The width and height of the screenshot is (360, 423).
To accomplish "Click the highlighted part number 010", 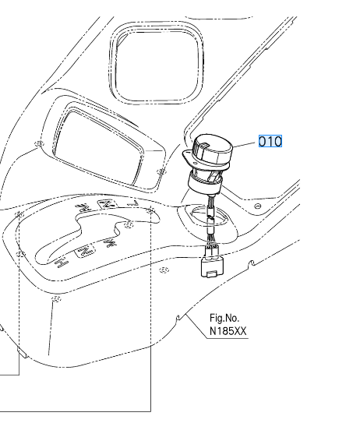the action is pyautogui.click(x=270, y=141).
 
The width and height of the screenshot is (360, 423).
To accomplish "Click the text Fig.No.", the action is pyautogui.click(x=224, y=319).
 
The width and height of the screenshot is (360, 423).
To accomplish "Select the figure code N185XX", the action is pyautogui.click(x=228, y=331).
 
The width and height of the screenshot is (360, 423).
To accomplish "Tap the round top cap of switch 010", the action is pyautogui.click(x=213, y=149).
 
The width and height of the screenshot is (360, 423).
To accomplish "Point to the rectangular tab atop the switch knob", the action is pyautogui.click(x=204, y=146).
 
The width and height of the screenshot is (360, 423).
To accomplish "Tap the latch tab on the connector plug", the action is pyautogui.click(x=211, y=273).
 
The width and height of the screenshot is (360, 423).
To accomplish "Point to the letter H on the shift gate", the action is pyautogui.click(x=61, y=263).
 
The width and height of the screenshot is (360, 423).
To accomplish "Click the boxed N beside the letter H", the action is pyautogui.click(x=86, y=251).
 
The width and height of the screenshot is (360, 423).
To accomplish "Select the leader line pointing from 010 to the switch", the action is pyautogui.click(x=245, y=144).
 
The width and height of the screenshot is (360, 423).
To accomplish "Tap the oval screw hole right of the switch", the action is pyautogui.click(x=258, y=206).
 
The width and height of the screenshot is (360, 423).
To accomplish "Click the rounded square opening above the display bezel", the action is pyautogui.click(x=157, y=63).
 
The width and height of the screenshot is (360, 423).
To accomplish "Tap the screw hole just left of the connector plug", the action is pyautogui.click(x=164, y=270).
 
